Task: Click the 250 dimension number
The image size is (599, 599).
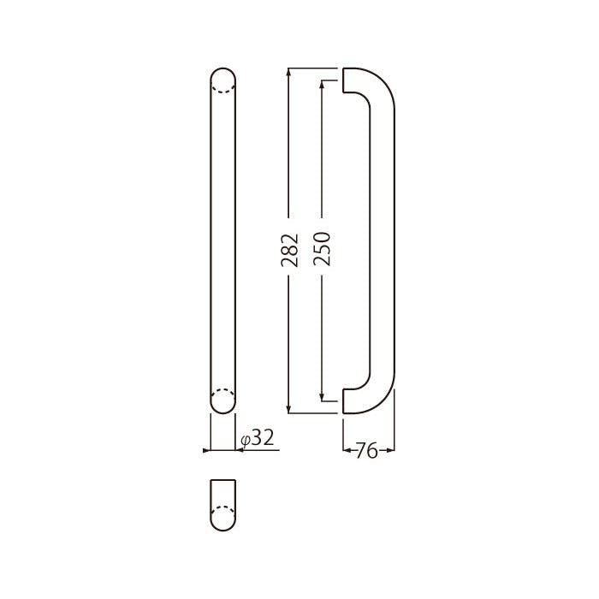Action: click(x=322, y=249)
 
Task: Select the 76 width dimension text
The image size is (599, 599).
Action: click(x=366, y=451)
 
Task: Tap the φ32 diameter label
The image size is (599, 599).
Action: click(x=258, y=438)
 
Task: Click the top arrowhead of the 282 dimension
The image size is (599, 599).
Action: click(x=289, y=71)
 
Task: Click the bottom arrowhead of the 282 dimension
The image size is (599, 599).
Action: click(x=289, y=410)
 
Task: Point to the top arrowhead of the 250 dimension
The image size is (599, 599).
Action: click(x=322, y=84)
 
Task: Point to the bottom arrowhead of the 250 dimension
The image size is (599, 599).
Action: click(x=322, y=397)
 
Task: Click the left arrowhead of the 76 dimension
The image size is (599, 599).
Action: click(x=347, y=450)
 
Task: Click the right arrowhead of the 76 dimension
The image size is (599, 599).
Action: click(x=390, y=450)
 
